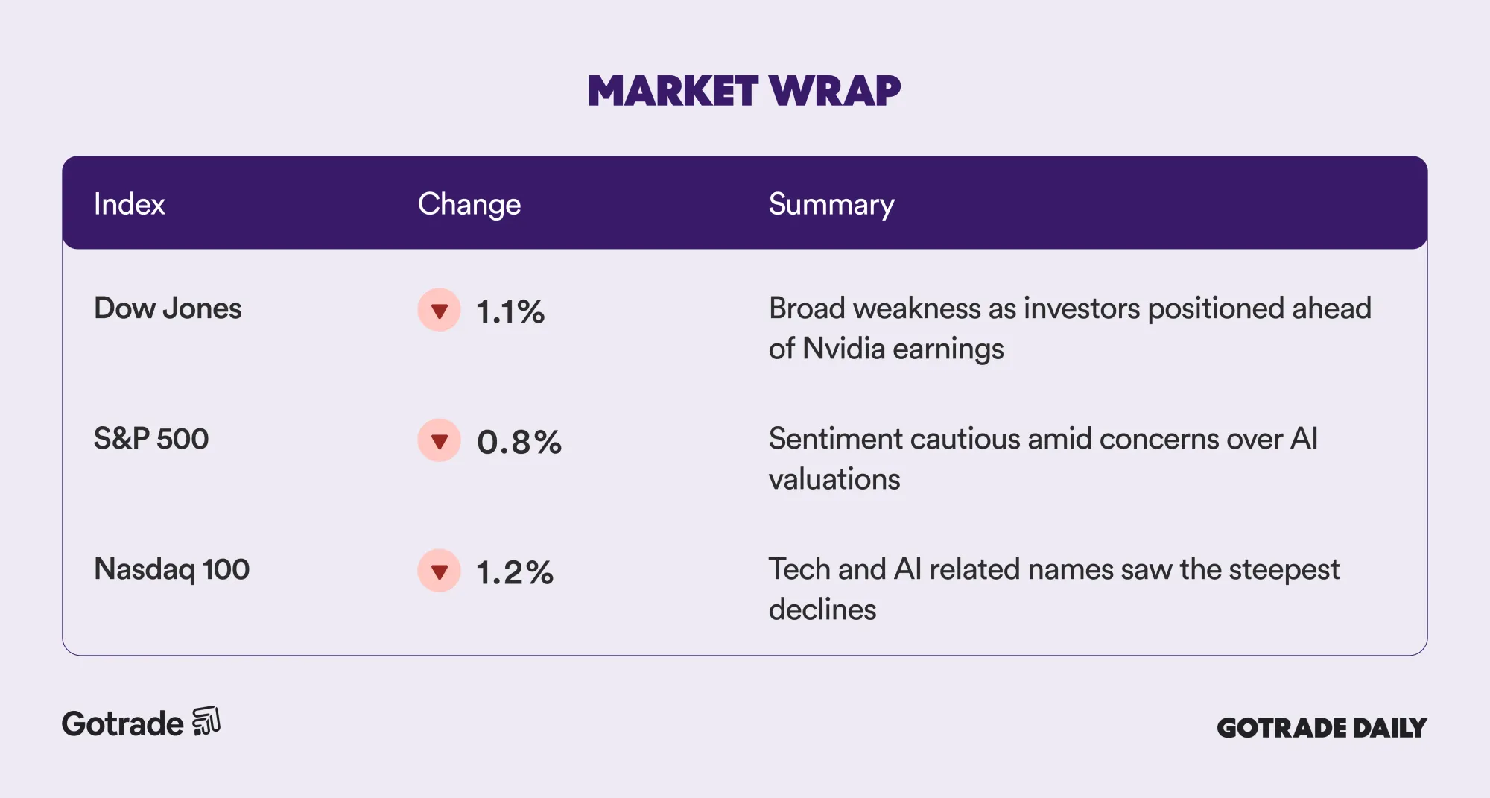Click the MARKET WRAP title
(744, 91)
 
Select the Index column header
(129, 204)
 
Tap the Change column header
(469, 205)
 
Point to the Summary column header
(831, 205)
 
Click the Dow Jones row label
(168, 308)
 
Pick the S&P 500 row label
(151, 439)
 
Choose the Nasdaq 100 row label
(171, 569)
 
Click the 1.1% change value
(510, 312)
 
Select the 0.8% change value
(519, 443)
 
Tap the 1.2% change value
(515, 573)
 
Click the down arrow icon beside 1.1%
(440, 310)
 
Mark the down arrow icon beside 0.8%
(440, 440)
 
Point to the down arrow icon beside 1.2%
(440, 571)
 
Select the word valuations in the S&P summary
(834, 479)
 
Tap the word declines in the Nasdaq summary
(822, 609)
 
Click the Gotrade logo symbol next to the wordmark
(206, 721)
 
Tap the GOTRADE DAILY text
(1322, 728)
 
